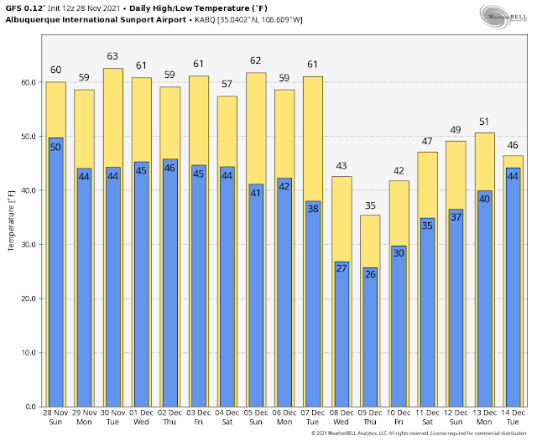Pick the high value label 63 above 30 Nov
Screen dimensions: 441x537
112,56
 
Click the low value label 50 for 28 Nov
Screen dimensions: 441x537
55,147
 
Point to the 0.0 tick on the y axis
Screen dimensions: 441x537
31,407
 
